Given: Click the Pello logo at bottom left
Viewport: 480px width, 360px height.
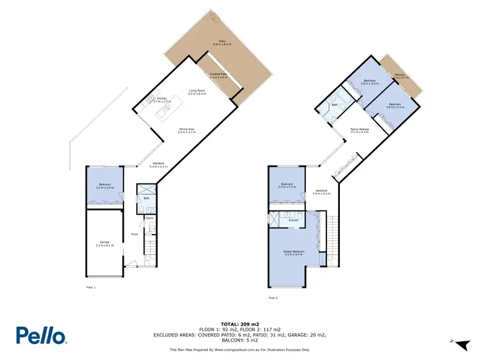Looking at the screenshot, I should tap(42, 335).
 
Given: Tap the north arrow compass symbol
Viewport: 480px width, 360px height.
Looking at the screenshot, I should tap(458, 343).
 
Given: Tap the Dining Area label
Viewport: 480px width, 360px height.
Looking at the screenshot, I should tap(186, 130).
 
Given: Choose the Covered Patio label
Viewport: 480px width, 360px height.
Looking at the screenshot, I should tap(218, 75).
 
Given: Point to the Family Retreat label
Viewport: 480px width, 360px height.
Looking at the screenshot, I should tap(359, 131).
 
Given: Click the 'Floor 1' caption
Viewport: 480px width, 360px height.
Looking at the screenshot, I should tap(90, 288).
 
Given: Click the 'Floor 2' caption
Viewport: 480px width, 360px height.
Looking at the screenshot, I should tap(273, 298).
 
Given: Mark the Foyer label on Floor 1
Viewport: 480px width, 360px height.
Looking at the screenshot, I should tap(135, 235).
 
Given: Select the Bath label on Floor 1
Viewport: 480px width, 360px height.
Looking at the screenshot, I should tap(147, 199).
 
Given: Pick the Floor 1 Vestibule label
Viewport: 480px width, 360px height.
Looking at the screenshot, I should tap(158, 164).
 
